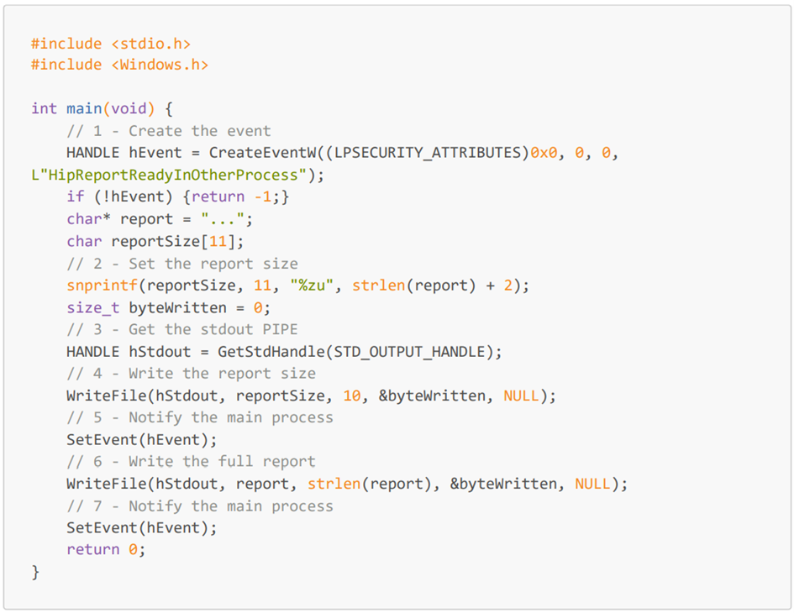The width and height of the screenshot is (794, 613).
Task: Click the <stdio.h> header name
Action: point(151,44)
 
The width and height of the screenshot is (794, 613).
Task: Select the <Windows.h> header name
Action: point(160,65)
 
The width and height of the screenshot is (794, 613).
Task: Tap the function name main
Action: point(84,109)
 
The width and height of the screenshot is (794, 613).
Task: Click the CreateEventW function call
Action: point(263,153)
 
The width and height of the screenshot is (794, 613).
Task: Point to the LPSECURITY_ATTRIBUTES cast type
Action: point(428,153)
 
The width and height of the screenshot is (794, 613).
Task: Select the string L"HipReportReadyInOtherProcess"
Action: point(169,176)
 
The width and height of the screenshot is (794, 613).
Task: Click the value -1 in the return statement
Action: point(263,196)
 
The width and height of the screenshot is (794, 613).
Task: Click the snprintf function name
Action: point(102,286)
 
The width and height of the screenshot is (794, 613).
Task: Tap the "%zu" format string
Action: point(312,286)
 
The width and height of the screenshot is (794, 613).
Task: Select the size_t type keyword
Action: point(93,308)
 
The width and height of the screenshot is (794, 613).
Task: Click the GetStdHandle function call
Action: point(271,352)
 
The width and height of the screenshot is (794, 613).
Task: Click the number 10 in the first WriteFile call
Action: point(352,396)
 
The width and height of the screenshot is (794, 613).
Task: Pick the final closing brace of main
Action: point(35,573)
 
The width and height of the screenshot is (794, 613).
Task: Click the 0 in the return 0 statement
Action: point(133,550)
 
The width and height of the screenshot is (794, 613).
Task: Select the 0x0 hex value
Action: point(544,153)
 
